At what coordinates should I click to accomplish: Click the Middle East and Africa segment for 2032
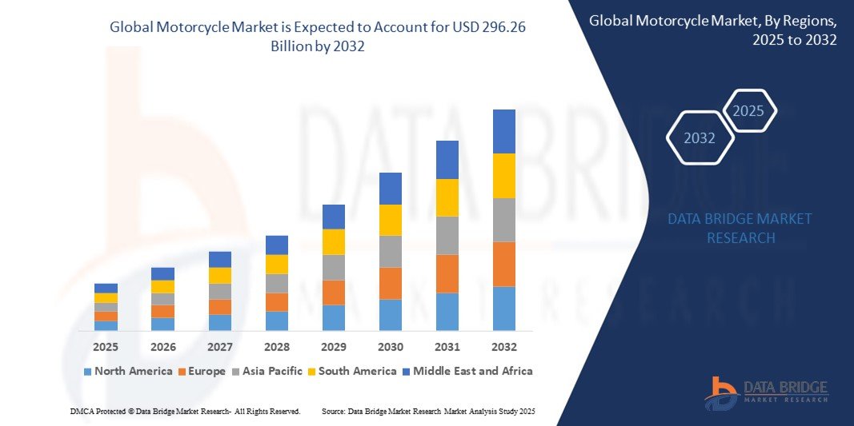point(503,131)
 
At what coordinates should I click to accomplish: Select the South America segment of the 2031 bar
point(447,197)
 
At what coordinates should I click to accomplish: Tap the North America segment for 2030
point(390,315)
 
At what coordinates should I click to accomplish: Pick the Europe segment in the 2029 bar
point(333,292)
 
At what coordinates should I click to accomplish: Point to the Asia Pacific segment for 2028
point(276,283)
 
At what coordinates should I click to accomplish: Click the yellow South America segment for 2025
point(106,297)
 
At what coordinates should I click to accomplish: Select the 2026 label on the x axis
point(162,347)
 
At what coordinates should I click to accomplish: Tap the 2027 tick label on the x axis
point(219,347)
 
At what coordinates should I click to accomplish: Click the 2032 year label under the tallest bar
point(503,347)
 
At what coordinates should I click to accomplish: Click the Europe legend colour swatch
point(182,372)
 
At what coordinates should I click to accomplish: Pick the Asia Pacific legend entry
point(267,371)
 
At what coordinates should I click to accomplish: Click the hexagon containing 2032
point(700,138)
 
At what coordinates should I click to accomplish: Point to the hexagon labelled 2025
point(748,111)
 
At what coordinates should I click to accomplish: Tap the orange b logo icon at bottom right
point(720,392)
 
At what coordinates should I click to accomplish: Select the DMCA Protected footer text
point(184,411)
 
